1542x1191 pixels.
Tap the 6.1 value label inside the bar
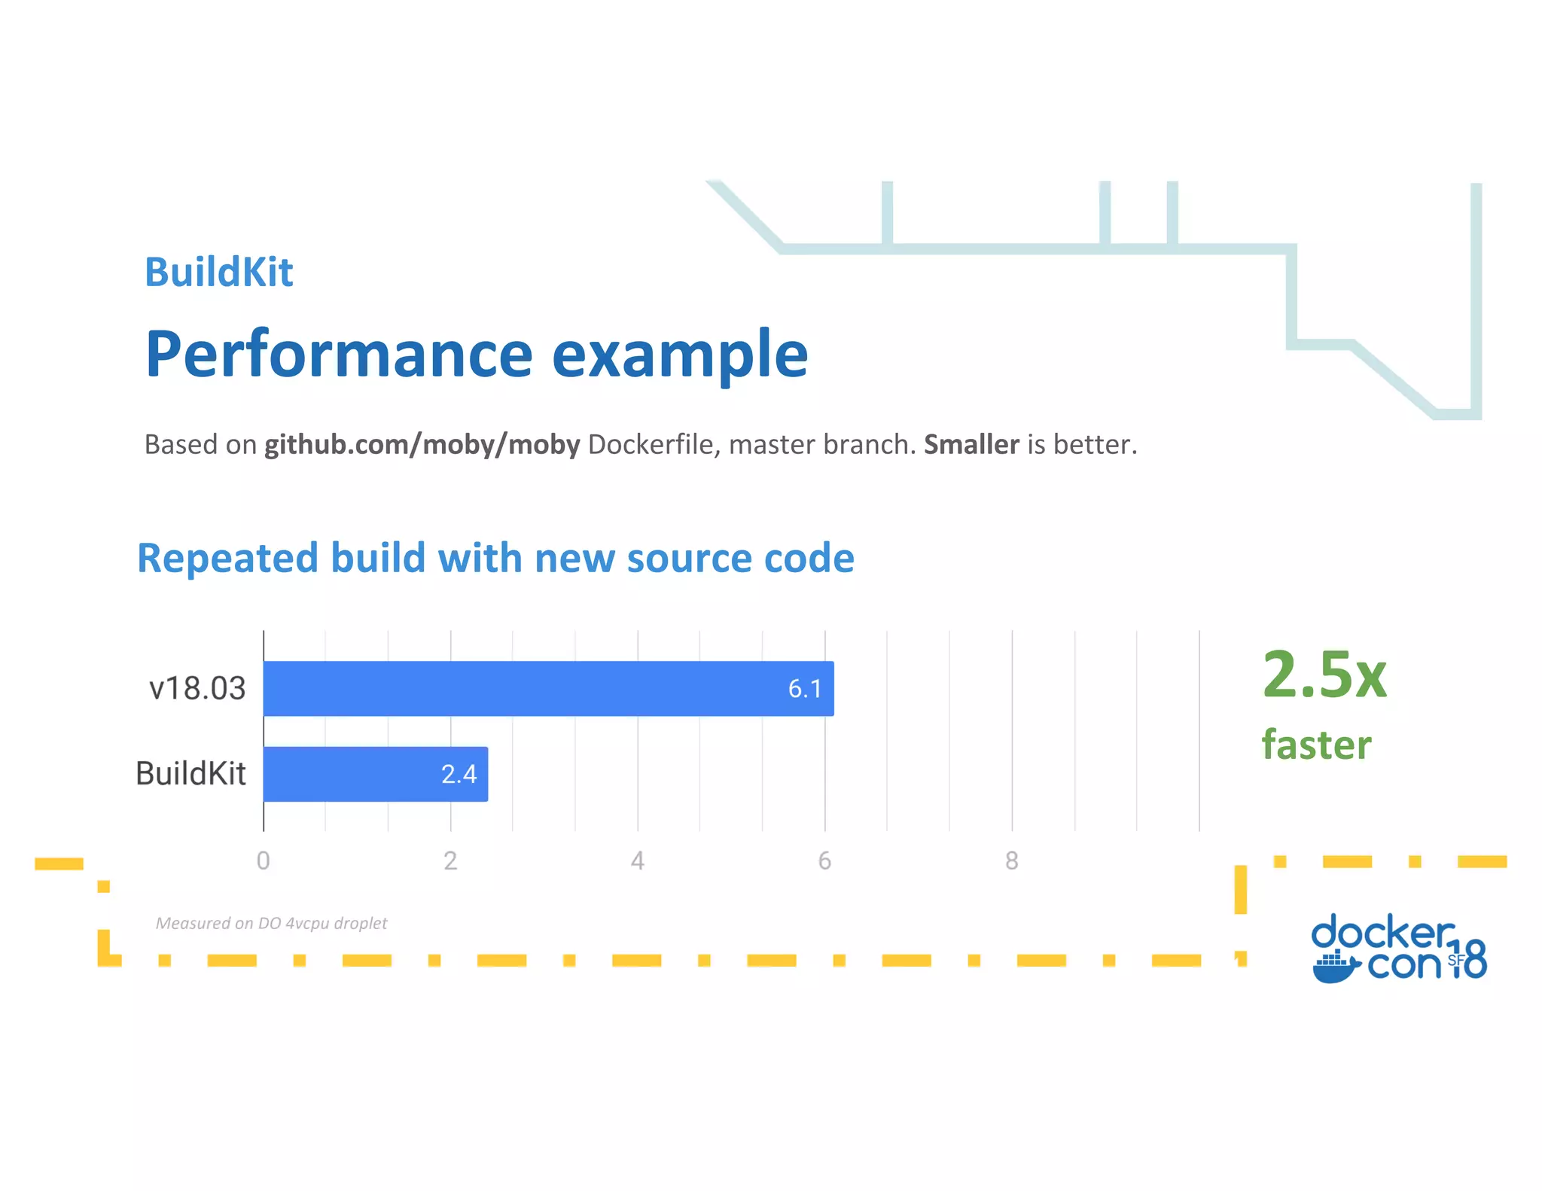(804, 688)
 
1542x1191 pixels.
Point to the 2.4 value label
(459, 774)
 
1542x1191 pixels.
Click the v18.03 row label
(197, 688)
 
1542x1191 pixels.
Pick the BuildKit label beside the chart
(190, 774)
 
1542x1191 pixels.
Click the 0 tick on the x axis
(263, 861)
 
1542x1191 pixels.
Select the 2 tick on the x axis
(450, 861)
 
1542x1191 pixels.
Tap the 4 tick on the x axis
(637, 861)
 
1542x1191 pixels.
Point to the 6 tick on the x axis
(824, 861)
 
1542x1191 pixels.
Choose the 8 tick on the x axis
(1011, 861)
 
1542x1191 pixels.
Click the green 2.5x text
(1324, 675)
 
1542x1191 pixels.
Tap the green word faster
(1316, 745)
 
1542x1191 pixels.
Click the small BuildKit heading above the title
(218, 272)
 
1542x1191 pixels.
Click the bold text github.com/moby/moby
(422, 445)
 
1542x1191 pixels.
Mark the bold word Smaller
(971, 445)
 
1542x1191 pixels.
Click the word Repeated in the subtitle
(227, 559)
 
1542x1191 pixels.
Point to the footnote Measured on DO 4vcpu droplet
(271, 923)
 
